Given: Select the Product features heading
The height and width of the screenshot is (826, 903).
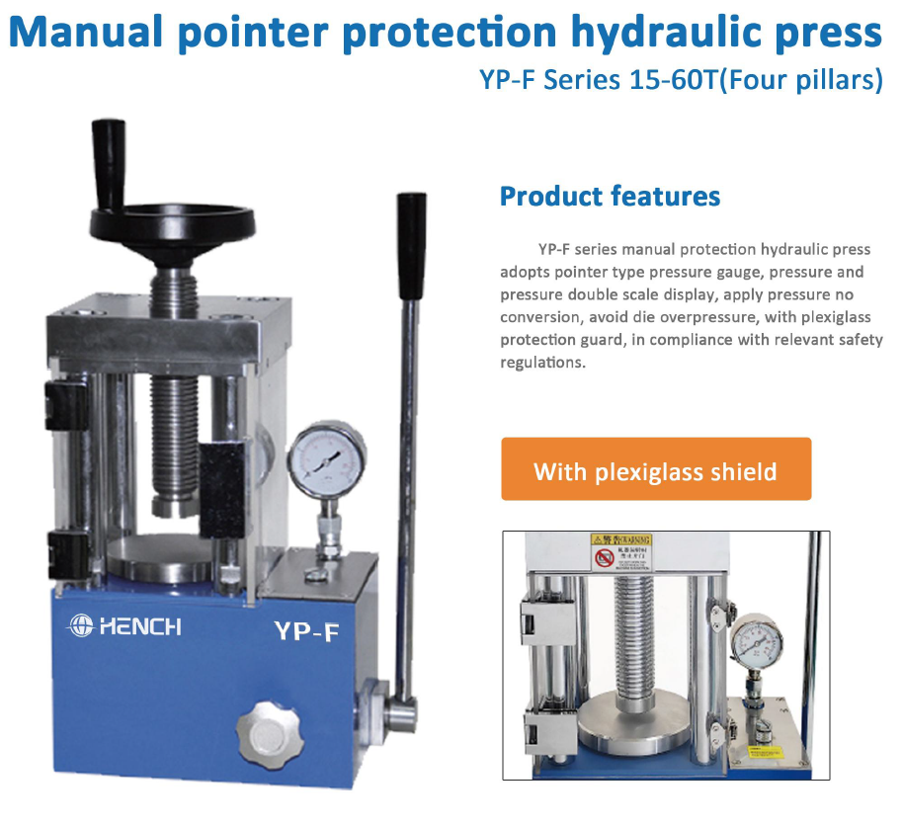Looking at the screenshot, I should (610, 196).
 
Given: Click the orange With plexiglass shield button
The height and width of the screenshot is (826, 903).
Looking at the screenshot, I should (656, 470).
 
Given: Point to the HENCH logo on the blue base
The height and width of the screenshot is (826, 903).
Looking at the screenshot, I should (123, 625).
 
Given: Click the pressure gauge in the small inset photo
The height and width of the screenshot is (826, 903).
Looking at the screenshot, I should (758, 642).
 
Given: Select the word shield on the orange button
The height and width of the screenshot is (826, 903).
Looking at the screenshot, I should (741, 471).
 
